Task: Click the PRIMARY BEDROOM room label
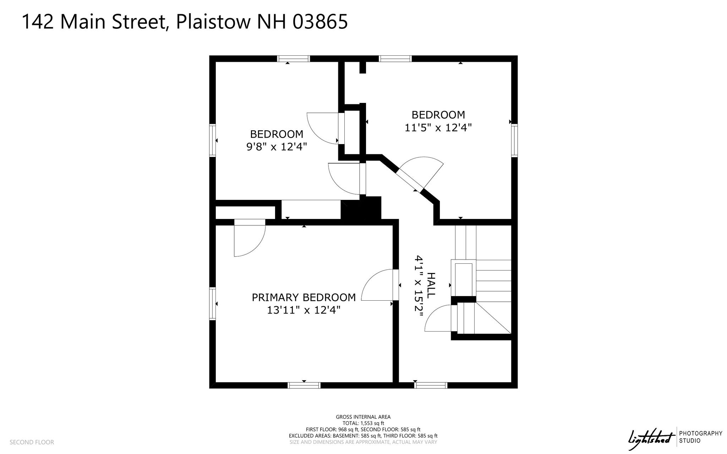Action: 304,297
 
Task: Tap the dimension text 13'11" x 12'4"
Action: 304,310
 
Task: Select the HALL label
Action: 431,285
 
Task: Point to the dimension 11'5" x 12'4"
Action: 438,127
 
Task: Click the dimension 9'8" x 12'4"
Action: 277,147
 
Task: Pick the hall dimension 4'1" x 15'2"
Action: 419,288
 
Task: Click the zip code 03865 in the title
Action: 320,22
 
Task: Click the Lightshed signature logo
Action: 651,439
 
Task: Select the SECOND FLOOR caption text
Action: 32,442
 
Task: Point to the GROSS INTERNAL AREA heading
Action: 363,417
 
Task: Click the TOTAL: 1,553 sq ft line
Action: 363,423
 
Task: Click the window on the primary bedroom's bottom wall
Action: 304,385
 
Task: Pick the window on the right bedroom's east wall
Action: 514,141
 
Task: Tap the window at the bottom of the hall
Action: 431,385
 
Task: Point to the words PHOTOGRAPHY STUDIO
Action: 700,437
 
